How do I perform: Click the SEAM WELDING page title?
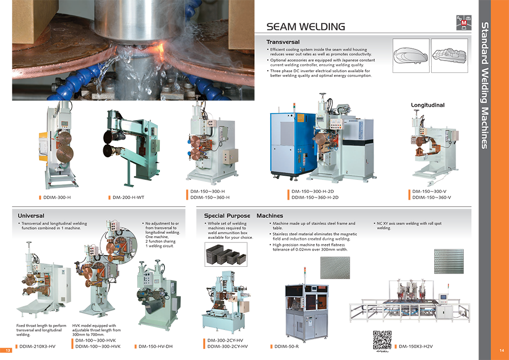(x=305, y=26)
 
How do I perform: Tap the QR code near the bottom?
(x=382, y=340)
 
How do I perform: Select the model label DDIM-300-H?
(x=57, y=198)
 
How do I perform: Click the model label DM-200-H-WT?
(x=128, y=198)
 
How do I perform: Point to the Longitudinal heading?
(x=428, y=105)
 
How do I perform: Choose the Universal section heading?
(x=31, y=215)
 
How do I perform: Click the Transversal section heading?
(x=282, y=42)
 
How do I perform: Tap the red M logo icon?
(x=464, y=23)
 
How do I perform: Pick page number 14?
(x=501, y=350)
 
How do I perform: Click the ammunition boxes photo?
(x=226, y=255)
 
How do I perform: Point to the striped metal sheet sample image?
(x=448, y=261)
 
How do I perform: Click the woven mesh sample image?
(x=335, y=267)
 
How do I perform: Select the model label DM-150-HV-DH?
(x=155, y=346)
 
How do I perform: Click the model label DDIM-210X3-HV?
(x=37, y=346)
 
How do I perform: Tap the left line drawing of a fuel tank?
(x=411, y=56)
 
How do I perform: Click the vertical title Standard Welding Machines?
(x=485, y=86)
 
